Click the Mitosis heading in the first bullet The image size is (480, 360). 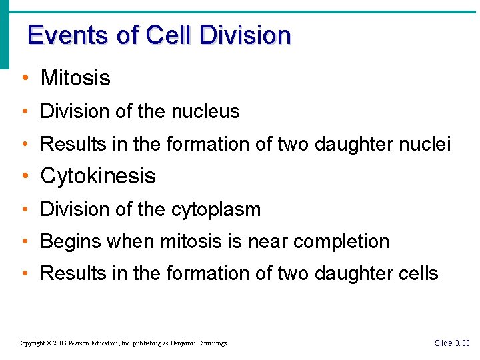pos(75,78)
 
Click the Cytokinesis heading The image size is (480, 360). pos(98,176)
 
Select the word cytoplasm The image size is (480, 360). pos(216,209)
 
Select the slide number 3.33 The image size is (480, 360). pos(463,343)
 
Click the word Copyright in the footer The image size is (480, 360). pos(31,343)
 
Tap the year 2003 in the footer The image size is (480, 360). pos(58,343)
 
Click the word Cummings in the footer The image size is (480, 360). pos(211,343)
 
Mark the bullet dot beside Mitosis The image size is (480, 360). pos(24,79)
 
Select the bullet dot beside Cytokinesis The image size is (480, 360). pos(24,177)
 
